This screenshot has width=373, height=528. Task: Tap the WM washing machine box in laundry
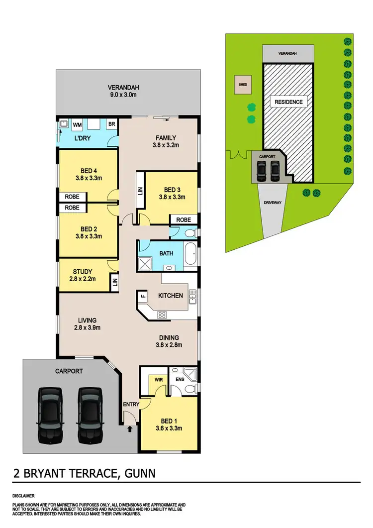(x=78, y=124)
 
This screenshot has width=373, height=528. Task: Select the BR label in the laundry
(x=111, y=124)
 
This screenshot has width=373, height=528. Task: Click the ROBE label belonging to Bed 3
(x=184, y=219)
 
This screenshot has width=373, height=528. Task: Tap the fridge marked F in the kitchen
(x=143, y=297)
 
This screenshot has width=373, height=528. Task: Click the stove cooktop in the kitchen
(x=162, y=315)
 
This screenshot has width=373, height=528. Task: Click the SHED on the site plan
(x=243, y=85)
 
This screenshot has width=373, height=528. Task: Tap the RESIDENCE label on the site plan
(x=288, y=102)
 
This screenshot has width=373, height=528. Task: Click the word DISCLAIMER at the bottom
(x=24, y=496)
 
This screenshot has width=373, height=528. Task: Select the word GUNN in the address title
(x=138, y=473)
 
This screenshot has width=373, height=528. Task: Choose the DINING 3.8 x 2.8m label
(x=169, y=341)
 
